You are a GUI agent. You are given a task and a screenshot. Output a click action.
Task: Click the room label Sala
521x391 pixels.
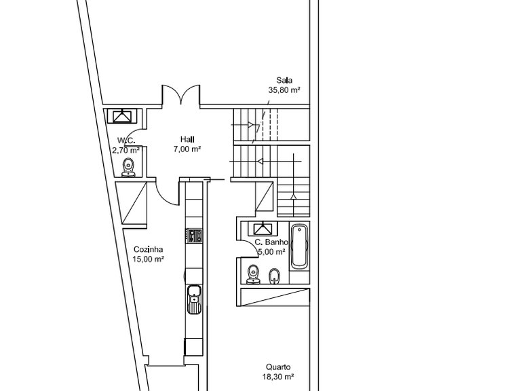284,80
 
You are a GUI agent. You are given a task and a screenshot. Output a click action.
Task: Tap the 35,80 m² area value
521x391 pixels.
284,90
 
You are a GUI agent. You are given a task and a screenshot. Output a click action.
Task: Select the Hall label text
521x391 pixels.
187,139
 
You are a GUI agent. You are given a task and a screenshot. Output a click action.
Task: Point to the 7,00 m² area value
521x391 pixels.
187,149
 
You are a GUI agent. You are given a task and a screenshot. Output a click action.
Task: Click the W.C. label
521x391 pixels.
126,141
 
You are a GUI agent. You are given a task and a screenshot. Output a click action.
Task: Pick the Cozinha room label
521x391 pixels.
148,249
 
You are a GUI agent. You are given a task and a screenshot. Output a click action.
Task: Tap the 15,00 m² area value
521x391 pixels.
148,259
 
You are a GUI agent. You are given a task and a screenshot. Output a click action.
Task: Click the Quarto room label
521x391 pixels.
278,367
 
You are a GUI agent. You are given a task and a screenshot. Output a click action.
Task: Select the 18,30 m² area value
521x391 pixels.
278,377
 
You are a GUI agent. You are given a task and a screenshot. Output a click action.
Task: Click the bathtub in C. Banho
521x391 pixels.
299,246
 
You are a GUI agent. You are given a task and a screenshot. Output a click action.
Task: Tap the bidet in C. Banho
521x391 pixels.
274,276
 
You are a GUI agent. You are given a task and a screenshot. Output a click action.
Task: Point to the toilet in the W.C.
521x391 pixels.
128,168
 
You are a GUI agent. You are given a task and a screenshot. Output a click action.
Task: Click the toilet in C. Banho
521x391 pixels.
254,274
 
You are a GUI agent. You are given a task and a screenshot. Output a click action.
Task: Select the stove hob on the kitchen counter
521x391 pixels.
194,236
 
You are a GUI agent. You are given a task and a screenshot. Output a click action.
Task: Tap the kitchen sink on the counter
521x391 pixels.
194,299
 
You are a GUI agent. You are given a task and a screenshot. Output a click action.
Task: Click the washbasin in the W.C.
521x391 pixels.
122,116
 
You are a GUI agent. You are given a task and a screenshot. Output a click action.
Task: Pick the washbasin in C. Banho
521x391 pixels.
263,229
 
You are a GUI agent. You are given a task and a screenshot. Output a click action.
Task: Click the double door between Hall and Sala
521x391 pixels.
181,94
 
